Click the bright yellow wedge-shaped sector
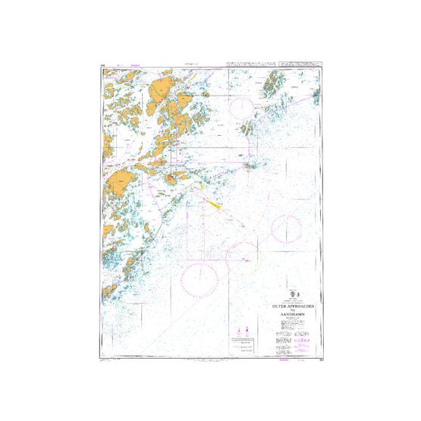(x=213, y=203)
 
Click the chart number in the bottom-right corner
(x=320, y=353)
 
